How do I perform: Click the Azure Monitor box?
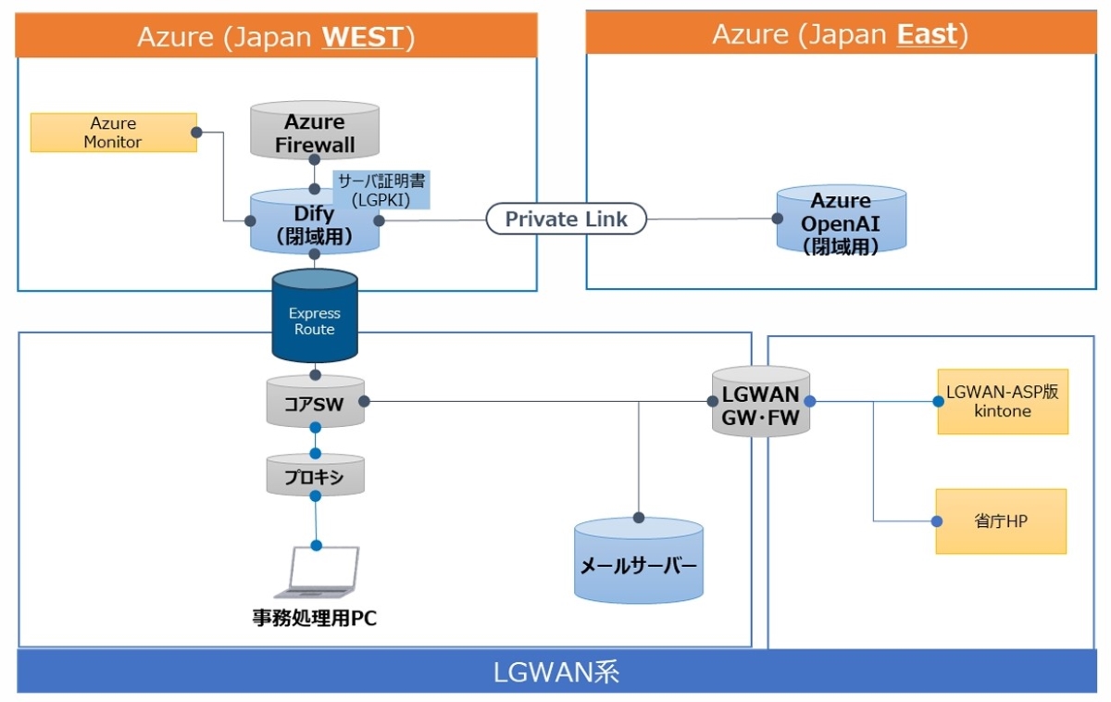[x=113, y=132]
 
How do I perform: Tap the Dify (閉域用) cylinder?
[x=315, y=222]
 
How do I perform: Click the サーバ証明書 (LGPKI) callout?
[x=381, y=189]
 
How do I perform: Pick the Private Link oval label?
[x=566, y=219]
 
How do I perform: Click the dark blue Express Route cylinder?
[x=315, y=320]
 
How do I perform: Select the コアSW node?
[x=315, y=401]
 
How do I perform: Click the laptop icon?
[x=318, y=572]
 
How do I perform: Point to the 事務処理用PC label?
[x=315, y=619]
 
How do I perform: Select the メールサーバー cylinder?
[x=638, y=563]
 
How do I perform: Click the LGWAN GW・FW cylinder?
[x=761, y=403]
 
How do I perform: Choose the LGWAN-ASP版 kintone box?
[x=1002, y=402]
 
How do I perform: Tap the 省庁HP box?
[x=1000, y=521]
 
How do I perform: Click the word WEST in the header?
[x=362, y=37]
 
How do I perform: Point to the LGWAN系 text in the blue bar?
[x=555, y=671]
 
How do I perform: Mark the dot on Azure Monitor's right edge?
[x=196, y=132]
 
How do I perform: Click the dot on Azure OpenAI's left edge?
[x=778, y=219]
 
